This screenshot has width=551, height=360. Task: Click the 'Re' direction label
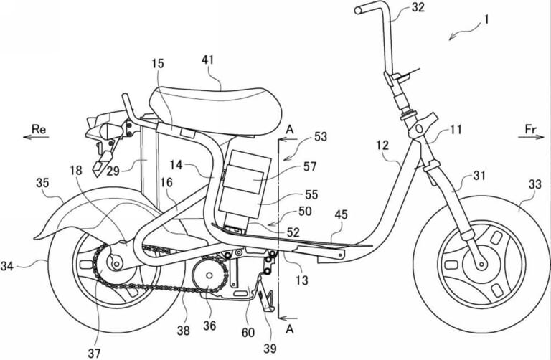(x=39, y=128)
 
